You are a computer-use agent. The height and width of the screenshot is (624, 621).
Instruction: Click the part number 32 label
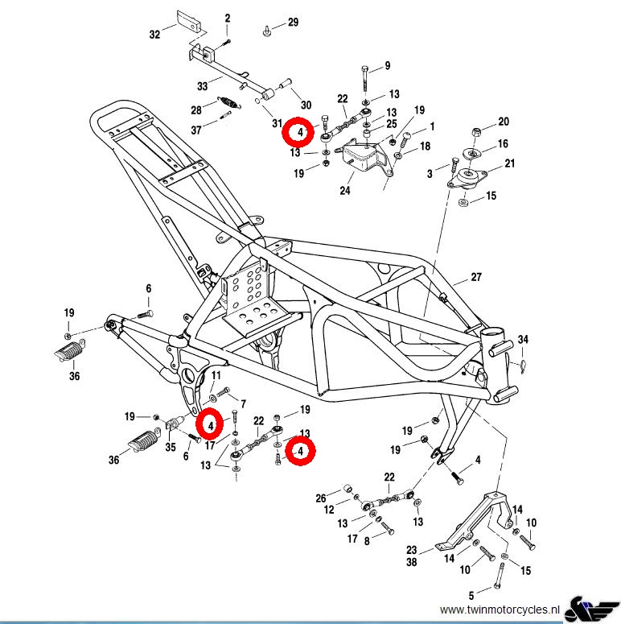pyautogui.click(x=155, y=35)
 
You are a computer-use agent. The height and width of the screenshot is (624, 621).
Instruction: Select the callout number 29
pyautogui.click(x=293, y=22)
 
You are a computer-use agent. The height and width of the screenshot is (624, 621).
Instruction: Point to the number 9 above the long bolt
pyautogui.click(x=387, y=65)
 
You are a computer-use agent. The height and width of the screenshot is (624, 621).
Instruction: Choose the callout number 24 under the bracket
pyautogui.click(x=346, y=192)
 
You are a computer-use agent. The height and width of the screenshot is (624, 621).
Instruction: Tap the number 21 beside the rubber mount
pyautogui.click(x=509, y=164)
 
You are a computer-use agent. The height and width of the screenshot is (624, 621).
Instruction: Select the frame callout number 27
pyautogui.click(x=476, y=278)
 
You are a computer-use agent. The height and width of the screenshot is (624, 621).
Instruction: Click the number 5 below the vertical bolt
pyautogui.click(x=471, y=597)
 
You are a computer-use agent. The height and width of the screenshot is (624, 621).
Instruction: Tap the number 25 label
pyautogui.click(x=392, y=123)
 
